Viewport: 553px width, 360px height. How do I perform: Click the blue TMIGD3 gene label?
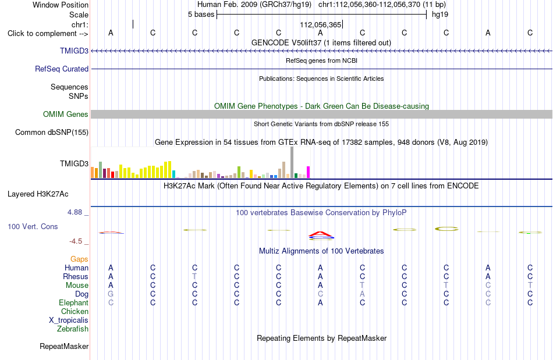(74, 51)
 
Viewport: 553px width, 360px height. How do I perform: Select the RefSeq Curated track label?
(62, 69)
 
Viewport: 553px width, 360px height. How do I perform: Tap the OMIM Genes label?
(66, 115)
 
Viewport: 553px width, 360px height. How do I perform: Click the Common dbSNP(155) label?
(52, 133)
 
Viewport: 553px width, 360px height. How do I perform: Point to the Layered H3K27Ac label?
(38, 194)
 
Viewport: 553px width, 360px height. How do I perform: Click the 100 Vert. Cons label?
(33, 226)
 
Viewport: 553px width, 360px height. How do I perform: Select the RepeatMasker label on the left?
(64, 346)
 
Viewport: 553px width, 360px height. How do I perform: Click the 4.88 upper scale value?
(75, 212)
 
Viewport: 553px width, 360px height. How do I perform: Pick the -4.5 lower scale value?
(76, 241)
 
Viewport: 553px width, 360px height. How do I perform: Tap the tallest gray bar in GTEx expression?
(292, 162)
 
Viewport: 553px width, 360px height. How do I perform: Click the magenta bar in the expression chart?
(309, 172)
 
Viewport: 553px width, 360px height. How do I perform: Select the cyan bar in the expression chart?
(174, 174)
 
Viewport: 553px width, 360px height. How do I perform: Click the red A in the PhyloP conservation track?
(321, 234)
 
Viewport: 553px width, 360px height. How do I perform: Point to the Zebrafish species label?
(73, 329)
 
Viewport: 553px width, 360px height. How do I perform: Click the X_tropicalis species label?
(69, 320)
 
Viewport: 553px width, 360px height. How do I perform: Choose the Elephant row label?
(74, 303)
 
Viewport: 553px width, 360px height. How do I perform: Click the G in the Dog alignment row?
(111, 294)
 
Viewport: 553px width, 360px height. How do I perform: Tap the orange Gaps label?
(79, 259)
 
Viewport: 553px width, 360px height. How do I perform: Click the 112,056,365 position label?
(321, 24)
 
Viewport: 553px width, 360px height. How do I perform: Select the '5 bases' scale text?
(201, 15)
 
